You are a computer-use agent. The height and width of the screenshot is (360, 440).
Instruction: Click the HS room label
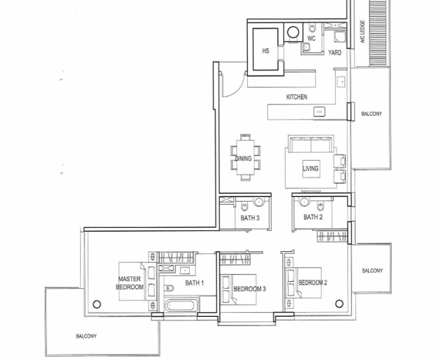266,51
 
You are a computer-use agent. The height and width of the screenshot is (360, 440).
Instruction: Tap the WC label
311,39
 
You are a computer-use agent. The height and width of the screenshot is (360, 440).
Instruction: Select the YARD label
335,53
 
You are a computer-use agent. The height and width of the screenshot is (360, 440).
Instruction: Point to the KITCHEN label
296,97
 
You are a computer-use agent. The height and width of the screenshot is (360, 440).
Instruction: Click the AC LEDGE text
363,32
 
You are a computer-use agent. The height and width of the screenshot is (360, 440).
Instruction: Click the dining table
245,158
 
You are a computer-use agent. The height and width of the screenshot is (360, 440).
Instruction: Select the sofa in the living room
311,144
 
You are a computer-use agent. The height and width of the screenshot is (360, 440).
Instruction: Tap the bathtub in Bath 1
180,305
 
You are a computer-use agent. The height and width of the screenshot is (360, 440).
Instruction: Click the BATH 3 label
250,218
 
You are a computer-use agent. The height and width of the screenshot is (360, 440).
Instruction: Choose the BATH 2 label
313,217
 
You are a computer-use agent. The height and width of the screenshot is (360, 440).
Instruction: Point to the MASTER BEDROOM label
130,283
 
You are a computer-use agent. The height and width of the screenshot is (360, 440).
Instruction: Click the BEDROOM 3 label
249,289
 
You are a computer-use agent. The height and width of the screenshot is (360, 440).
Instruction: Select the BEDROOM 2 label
313,283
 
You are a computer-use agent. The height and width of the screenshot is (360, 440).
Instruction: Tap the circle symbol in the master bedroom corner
96,304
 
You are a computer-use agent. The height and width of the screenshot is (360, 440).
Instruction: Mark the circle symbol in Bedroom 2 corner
339,304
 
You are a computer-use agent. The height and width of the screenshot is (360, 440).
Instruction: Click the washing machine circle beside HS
293,32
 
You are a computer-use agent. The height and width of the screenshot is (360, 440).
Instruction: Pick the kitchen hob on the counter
320,112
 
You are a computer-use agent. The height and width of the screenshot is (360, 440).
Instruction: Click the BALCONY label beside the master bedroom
86,336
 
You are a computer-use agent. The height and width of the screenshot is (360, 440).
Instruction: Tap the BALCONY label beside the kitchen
371,114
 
